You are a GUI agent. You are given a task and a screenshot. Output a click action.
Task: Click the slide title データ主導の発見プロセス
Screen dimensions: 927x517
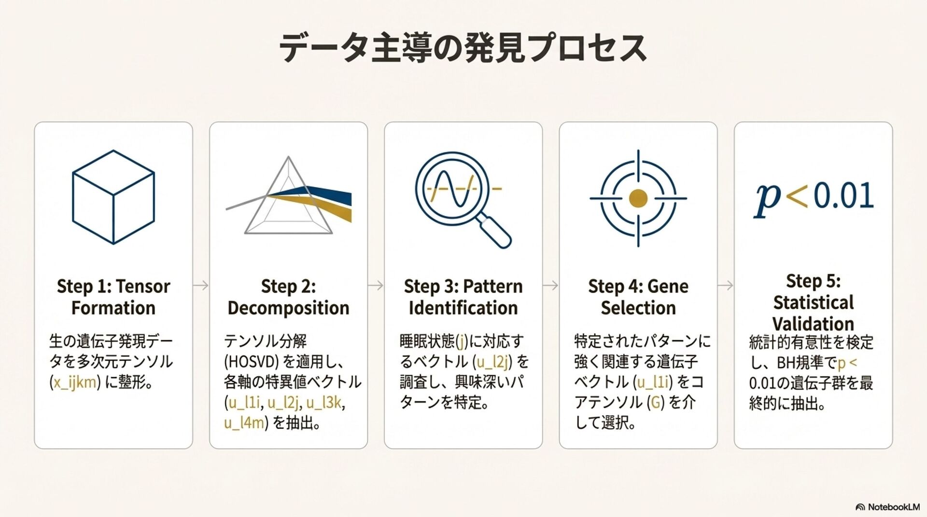[463, 48]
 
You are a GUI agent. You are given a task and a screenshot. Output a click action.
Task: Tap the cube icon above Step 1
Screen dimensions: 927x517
[113, 197]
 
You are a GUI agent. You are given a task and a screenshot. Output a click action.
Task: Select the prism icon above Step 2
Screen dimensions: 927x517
[289, 198]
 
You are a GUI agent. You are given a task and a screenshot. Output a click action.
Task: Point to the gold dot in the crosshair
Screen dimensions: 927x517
[638, 198]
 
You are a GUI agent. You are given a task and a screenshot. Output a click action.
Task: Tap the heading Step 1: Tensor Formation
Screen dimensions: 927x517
[113, 297]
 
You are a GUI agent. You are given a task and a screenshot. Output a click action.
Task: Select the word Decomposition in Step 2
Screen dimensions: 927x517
[288, 308]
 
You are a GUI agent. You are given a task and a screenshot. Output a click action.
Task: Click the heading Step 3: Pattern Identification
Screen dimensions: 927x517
[463, 297]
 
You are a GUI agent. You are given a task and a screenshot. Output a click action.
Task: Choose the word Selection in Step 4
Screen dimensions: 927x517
[638, 308]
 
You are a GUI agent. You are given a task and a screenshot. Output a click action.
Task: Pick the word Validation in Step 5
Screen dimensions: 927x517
[813, 323]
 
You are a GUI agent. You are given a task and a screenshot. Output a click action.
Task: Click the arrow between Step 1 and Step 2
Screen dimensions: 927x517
[201, 286]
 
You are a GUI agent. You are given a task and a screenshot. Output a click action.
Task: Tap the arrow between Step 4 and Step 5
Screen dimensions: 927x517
[725, 286]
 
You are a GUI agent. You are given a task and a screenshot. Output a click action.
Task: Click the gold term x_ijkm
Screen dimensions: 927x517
[75, 382]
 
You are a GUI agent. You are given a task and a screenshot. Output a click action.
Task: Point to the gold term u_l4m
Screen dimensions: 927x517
[244, 423]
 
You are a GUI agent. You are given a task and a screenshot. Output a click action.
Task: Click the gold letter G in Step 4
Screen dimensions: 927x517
[656, 402]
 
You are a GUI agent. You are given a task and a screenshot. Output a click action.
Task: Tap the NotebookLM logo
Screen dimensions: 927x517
[887, 507]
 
